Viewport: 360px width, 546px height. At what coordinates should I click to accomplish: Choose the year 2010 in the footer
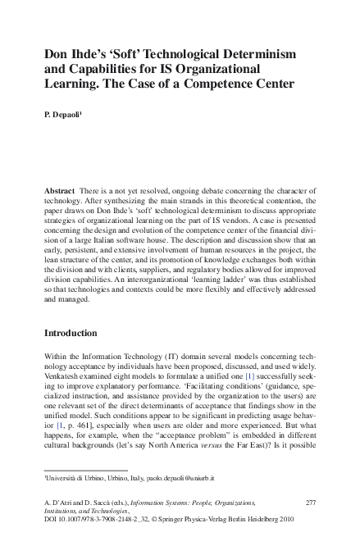pos(306,520)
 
